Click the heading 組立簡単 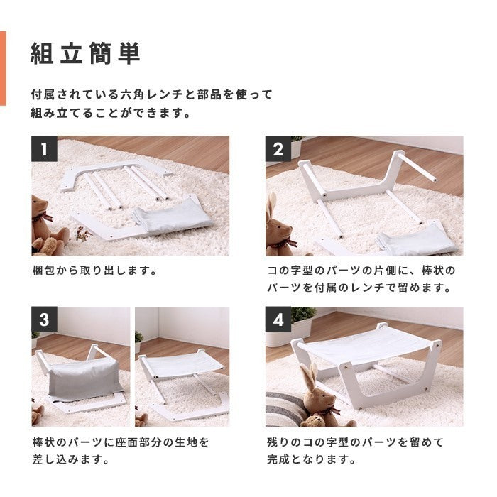click(85, 53)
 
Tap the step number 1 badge click(44, 148)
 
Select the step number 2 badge click(278, 148)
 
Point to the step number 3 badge click(44, 319)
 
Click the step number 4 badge click(278, 319)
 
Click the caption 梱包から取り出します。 click(94, 271)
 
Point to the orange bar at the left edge click(3, 68)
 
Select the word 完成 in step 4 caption click(278, 459)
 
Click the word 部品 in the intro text click(209, 94)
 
